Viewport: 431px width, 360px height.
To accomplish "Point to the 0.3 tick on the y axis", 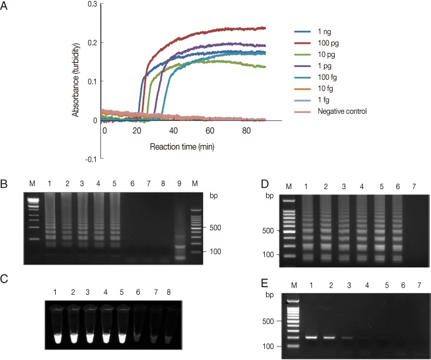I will (x=90, y=4).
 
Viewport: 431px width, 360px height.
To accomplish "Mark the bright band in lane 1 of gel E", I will (x=311, y=337).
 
